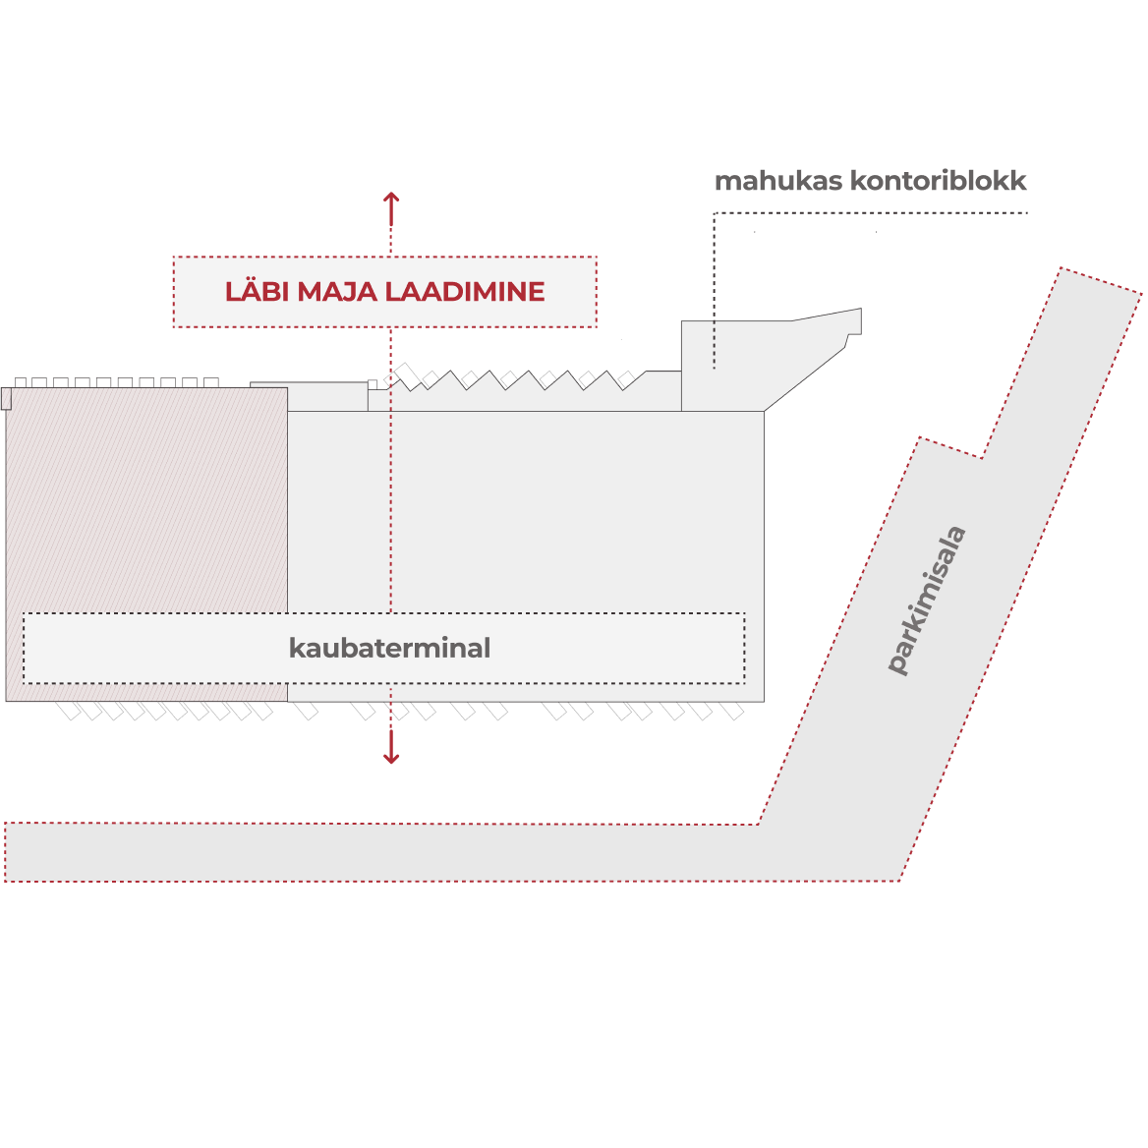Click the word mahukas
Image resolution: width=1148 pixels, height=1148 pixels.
click(776, 182)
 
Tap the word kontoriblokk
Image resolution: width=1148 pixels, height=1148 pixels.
click(938, 182)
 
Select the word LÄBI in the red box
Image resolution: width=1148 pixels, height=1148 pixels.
click(253, 292)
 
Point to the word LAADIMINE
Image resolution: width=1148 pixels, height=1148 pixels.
click(465, 292)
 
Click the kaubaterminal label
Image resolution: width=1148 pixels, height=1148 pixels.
click(389, 649)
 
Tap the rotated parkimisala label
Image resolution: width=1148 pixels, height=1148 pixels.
click(926, 600)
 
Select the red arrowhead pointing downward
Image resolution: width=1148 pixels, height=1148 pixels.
click(391, 757)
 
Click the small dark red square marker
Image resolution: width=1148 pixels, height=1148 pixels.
click(6, 398)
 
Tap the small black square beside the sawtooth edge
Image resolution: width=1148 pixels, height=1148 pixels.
click(373, 385)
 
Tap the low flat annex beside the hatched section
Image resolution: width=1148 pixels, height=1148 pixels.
click(310, 397)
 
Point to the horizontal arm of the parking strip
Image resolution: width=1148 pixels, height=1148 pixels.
click(393, 851)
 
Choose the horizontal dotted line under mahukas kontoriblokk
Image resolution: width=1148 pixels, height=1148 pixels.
click(870, 212)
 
